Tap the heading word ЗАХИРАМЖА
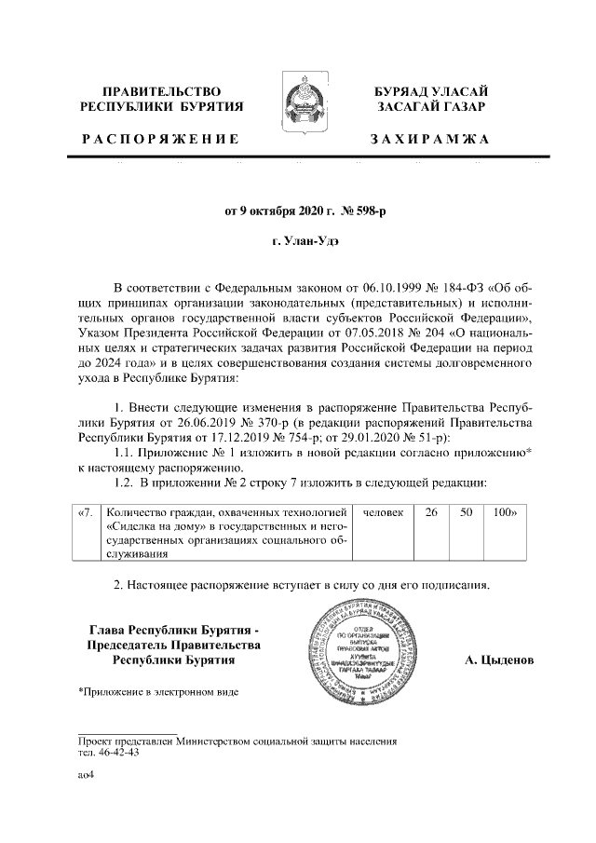pyautogui.click(x=429, y=140)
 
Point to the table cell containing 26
pyautogui.click(x=430, y=511)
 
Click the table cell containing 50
pyautogui.click(x=465, y=511)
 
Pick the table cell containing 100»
pyautogui.click(x=504, y=511)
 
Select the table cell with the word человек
pyautogui.click(x=383, y=511)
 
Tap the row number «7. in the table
pyautogui.click(x=86, y=511)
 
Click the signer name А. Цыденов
pyautogui.click(x=499, y=659)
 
